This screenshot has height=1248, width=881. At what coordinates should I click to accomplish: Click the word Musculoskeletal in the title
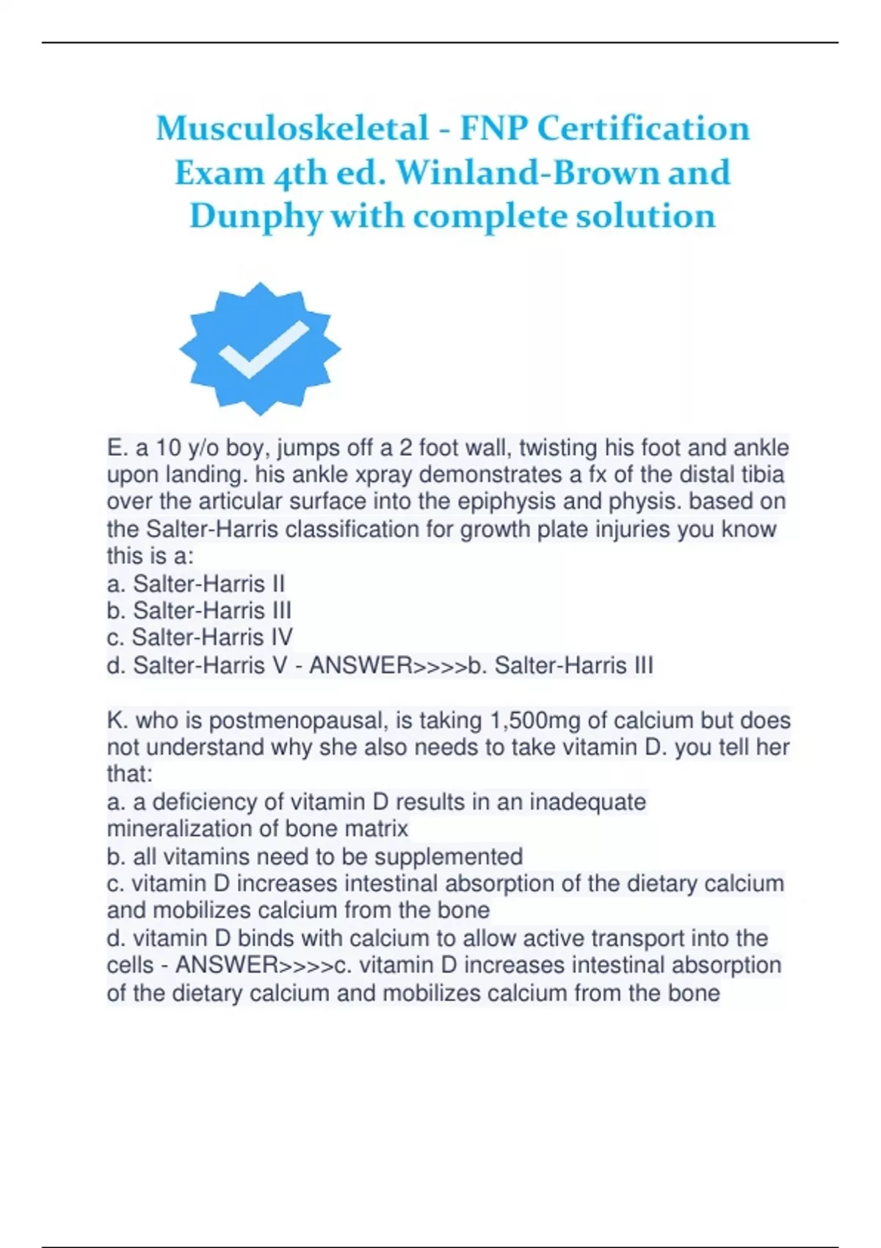[292, 128]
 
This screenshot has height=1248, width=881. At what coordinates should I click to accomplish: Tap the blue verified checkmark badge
[259, 349]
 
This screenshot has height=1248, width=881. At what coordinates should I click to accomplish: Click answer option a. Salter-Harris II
[195, 584]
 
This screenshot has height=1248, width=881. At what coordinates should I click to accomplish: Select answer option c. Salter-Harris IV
[199, 637]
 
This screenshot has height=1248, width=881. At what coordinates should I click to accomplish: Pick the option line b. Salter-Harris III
[199, 610]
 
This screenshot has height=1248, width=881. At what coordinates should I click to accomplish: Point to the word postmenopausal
[297, 720]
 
